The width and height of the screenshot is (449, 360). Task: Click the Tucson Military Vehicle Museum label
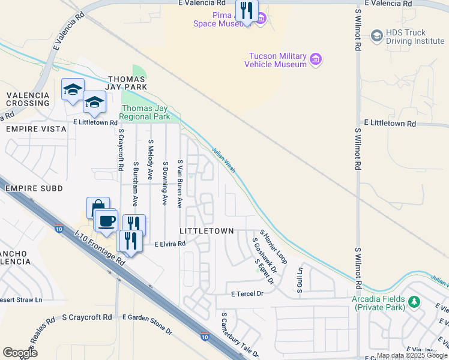pyautogui.click(x=278, y=60)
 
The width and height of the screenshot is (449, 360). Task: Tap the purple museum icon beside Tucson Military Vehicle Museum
pyautogui.click(x=316, y=60)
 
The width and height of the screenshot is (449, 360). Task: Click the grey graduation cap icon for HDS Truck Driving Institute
pyautogui.click(x=377, y=36)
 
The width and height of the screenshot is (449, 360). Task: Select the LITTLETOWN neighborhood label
pyautogui.click(x=202, y=231)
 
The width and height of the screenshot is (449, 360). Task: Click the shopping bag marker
pyautogui.click(x=98, y=208)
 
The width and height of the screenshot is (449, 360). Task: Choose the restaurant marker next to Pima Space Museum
pyautogui.click(x=246, y=10)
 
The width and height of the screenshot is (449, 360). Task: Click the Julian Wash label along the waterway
pyautogui.click(x=223, y=159)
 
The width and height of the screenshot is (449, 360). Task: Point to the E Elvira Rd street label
pyautogui.click(x=170, y=244)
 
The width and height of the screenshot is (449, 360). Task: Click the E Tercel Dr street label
pyautogui.click(x=247, y=294)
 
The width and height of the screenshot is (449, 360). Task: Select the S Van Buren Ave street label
pyautogui.click(x=179, y=184)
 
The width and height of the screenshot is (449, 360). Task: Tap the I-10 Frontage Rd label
pyautogui.click(x=100, y=248)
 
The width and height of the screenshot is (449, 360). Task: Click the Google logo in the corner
pyautogui.click(x=20, y=353)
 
